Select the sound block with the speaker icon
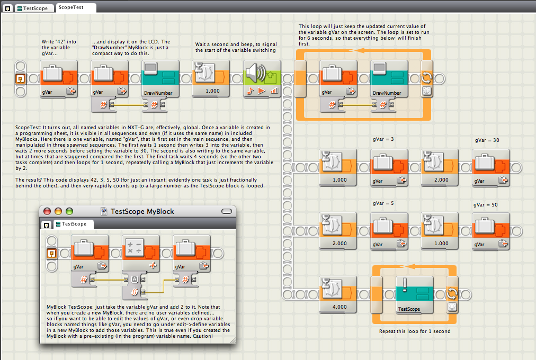(x=262, y=79)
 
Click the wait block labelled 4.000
(x=338, y=294)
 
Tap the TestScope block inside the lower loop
(x=414, y=295)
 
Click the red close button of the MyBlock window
(x=47, y=211)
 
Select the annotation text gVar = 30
(x=487, y=140)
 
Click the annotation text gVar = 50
(x=485, y=205)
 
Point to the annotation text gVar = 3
(x=383, y=139)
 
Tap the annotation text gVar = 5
(x=383, y=203)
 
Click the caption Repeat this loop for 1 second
(x=415, y=331)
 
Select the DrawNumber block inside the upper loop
(x=389, y=79)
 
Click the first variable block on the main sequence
(x=59, y=79)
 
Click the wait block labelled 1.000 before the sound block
(x=211, y=79)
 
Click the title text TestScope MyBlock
(x=142, y=211)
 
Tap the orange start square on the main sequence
(x=21, y=79)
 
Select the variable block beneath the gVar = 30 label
(x=491, y=168)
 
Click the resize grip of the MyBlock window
(x=233, y=340)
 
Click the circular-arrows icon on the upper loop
(x=426, y=77)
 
